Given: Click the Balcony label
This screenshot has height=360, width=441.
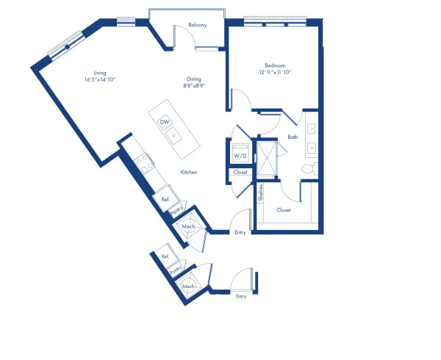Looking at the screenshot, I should point(197,25).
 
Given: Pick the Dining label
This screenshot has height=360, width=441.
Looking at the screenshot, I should point(194,79).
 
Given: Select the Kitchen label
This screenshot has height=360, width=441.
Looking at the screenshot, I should point(190,173).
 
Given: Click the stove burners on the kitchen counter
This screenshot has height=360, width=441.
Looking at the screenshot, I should point(142,162).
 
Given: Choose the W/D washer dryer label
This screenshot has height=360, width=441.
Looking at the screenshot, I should point(240,156).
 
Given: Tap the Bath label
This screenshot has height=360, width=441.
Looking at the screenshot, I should point(293,137).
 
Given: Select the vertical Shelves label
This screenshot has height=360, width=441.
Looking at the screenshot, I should point(260,193).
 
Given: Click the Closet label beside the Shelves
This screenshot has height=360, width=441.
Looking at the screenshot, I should point(283,210).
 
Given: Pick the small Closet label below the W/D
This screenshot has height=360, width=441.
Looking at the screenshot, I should point(240,173).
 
